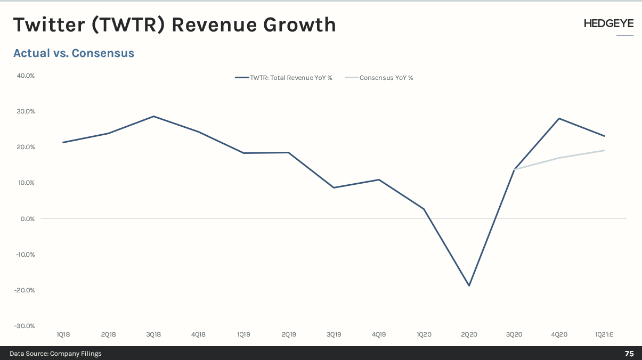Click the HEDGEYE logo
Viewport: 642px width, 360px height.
608,23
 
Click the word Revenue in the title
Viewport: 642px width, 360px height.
214,24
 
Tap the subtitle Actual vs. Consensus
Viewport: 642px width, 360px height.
74,53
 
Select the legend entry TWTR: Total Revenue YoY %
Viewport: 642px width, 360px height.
283,78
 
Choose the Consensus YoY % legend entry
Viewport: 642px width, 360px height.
379,78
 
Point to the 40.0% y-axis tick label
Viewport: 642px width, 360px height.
26,76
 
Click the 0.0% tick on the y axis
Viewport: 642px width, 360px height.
28,219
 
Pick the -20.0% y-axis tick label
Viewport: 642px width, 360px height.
25,290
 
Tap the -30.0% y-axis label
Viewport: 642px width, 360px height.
25,326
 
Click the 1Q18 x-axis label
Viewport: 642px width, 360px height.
63,334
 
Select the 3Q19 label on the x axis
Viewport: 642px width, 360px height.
334,334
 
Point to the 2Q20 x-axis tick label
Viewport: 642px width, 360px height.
469,334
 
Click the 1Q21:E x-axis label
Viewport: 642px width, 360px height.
604,334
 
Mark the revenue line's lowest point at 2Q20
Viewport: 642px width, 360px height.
469,285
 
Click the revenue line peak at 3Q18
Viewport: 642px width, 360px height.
153,116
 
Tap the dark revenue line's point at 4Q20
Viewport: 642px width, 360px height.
559,118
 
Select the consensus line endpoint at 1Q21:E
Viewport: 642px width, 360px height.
605,150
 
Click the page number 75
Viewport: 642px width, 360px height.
629,354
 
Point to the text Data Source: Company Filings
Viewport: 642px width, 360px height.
55,354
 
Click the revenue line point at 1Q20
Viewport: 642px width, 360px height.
424,209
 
